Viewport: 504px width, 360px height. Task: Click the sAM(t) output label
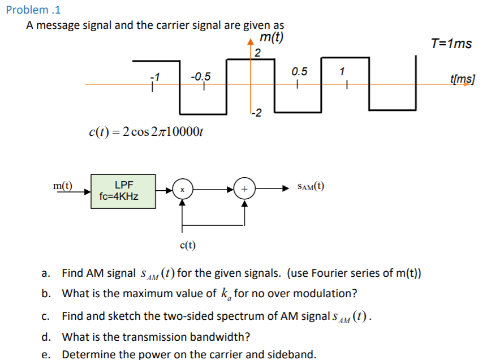coord(309,187)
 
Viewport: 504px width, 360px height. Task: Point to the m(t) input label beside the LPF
coord(63,186)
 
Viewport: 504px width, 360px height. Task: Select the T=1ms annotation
coord(451,44)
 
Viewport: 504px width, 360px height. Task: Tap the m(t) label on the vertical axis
coord(272,38)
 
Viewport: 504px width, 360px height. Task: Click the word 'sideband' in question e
coord(294,354)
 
